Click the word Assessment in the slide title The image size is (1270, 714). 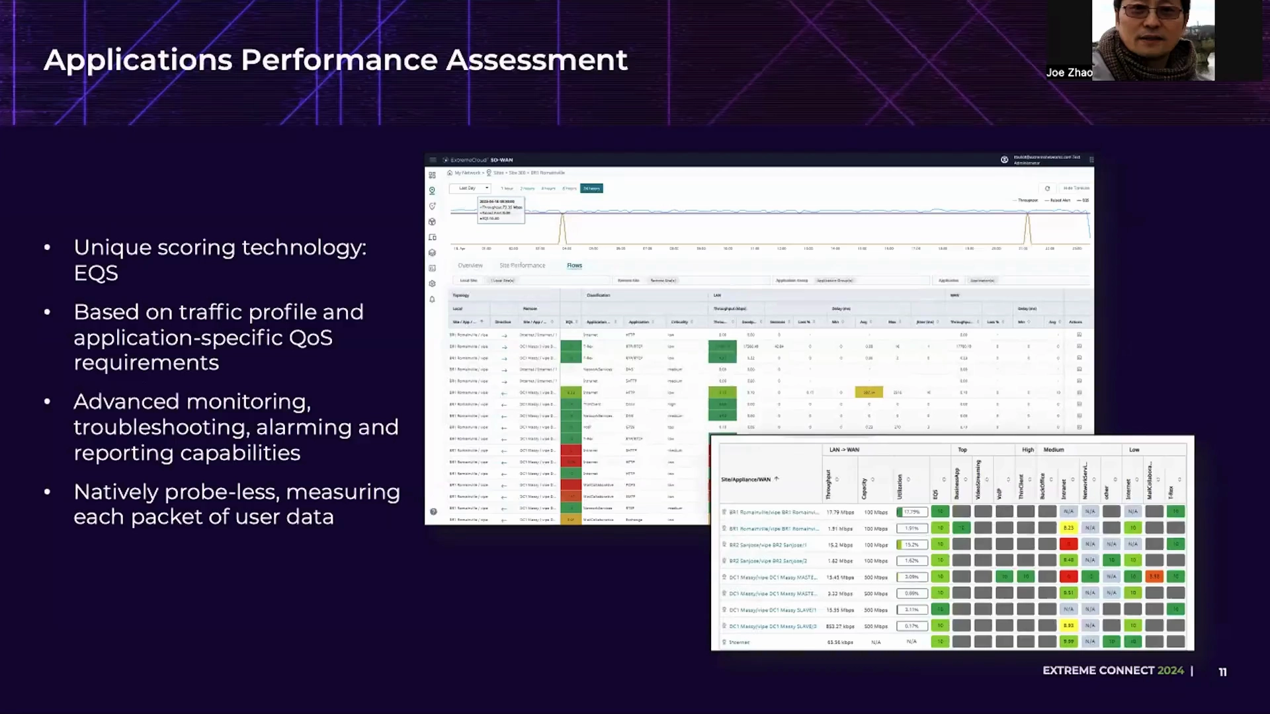536,60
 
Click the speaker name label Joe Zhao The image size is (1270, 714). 1069,73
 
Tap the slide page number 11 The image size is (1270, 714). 1222,672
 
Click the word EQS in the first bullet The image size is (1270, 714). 96,273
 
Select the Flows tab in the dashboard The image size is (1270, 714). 574,266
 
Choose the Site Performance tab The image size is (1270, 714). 522,266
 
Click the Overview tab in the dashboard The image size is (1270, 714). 470,266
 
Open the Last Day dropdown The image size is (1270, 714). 470,188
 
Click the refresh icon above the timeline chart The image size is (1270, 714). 1047,188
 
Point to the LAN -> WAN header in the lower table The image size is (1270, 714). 844,450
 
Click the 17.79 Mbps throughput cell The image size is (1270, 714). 840,512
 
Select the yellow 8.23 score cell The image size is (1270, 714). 1068,528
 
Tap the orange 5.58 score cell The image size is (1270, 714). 1154,576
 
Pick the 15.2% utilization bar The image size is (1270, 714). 911,545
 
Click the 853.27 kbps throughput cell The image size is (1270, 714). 840,626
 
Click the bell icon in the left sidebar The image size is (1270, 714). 433,299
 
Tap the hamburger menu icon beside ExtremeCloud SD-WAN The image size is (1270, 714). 433,160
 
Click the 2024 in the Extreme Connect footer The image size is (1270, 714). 1170,670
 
